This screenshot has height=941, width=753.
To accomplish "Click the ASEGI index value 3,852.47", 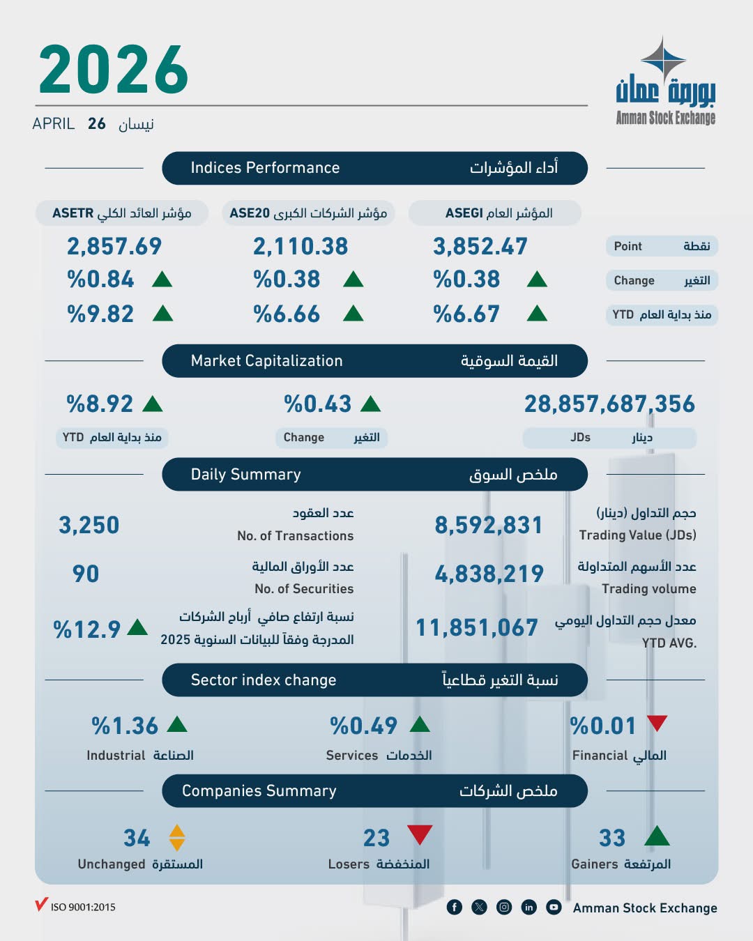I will pyautogui.click(x=480, y=246).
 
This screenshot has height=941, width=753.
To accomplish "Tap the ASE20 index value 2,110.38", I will pyautogui.click(x=300, y=246).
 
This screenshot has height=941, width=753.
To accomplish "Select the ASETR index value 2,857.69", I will pyautogui.click(x=114, y=246).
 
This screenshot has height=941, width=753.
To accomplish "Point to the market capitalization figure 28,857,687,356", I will pyautogui.click(x=609, y=404).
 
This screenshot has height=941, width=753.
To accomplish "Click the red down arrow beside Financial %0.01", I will pyautogui.click(x=657, y=723).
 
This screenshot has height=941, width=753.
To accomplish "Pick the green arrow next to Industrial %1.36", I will pyautogui.click(x=177, y=724).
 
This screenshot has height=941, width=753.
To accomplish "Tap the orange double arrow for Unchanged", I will pyautogui.click(x=177, y=838).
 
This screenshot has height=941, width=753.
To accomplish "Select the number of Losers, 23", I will pyautogui.click(x=376, y=838).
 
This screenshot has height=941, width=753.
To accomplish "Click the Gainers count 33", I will pyautogui.click(x=612, y=838).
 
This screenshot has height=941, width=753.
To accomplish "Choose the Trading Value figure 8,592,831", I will pyautogui.click(x=488, y=525).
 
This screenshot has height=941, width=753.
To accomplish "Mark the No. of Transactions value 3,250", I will pyautogui.click(x=89, y=525).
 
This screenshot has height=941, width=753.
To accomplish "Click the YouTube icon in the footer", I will pyautogui.click(x=554, y=907).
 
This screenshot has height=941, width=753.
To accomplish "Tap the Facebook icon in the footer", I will pyautogui.click(x=455, y=907).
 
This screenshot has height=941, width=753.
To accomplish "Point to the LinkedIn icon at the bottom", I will pyautogui.click(x=529, y=907).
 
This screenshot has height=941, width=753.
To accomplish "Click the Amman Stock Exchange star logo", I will pyautogui.click(x=664, y=59).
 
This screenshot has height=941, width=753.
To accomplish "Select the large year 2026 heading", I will pyautogui.click(x=113, y=70).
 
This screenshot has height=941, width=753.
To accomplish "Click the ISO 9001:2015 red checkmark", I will pyautogui.click(x=41, y=905).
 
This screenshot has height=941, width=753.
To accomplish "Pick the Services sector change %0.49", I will pyautogui.click(x=363, y=726).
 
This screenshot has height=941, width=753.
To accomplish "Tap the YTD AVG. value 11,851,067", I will pyautogui.click(x=477, y=627).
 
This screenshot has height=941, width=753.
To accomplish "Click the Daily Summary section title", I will pyautogui.click(x=246, y=475).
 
